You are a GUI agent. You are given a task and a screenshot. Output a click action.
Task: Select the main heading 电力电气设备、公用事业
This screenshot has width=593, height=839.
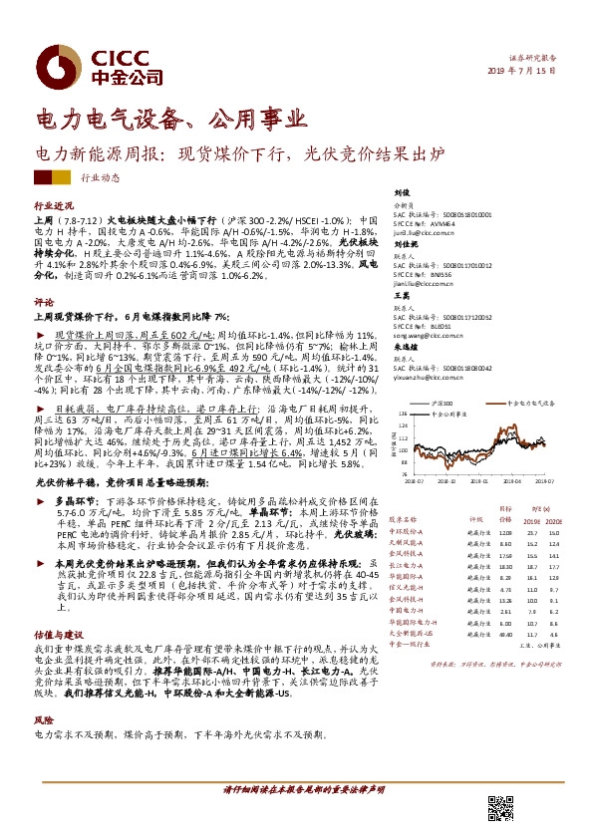coord(170,121)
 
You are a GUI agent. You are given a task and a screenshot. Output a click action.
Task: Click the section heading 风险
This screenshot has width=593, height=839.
coord(43,717)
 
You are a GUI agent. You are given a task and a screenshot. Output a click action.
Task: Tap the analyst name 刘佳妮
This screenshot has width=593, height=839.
coord(403,243)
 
